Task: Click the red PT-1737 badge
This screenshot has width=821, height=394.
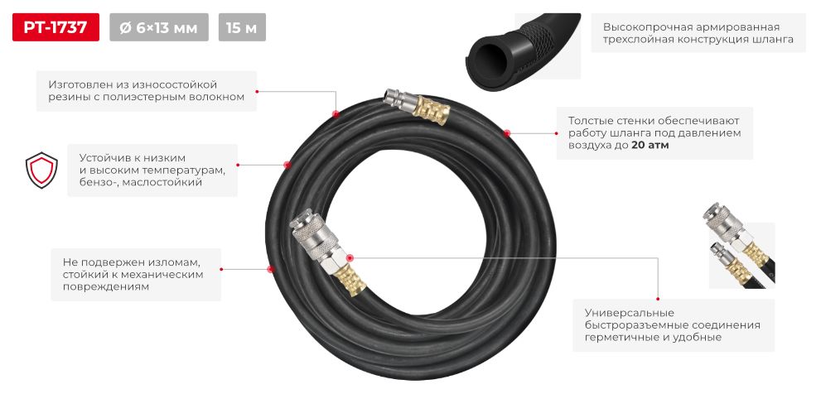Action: [56, 27]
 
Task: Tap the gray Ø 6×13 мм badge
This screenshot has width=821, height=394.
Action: [159, 27]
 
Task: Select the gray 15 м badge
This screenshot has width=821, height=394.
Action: [242, 27]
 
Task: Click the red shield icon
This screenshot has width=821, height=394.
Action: [42, 170]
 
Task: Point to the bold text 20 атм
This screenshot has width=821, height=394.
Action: [650, 146]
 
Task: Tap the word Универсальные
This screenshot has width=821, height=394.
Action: [621, 313]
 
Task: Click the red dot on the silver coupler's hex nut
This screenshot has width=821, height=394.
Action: [350, 257]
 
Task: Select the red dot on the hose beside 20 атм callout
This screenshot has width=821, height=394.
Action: [506, 133]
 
